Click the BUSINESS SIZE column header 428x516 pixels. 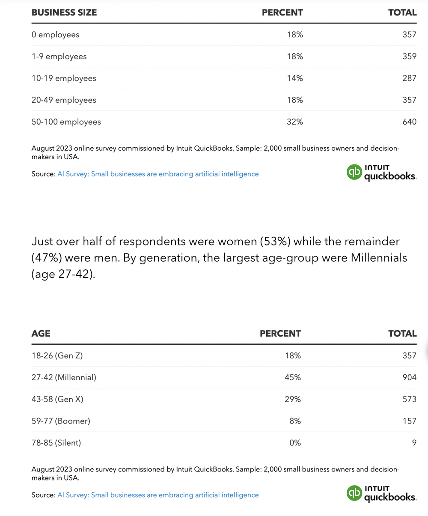coord(64,12)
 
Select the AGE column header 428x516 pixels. coord(41,334)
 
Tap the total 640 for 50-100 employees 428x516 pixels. coord(409,122)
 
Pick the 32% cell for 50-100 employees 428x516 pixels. coord(294,122)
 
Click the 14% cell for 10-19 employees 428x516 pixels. coord(294,78)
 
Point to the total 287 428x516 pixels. coord(409,78)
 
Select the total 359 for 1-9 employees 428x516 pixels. coord(409,56)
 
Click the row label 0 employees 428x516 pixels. coord(56,35)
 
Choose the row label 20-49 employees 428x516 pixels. coord(64,100)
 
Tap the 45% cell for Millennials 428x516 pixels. coord(293,377)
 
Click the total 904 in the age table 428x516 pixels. coord(409,377)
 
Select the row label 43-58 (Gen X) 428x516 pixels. coord(57,399)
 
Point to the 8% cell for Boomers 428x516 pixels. coord(295,421)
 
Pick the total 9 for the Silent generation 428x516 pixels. coord(414,443)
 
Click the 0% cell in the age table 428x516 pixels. coord(295,443)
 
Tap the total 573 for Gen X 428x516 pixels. coord(409,399)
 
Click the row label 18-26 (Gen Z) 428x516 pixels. coord(57,355)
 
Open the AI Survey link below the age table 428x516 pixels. coord(158,495)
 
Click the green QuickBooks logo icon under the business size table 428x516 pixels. coord(354,172)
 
